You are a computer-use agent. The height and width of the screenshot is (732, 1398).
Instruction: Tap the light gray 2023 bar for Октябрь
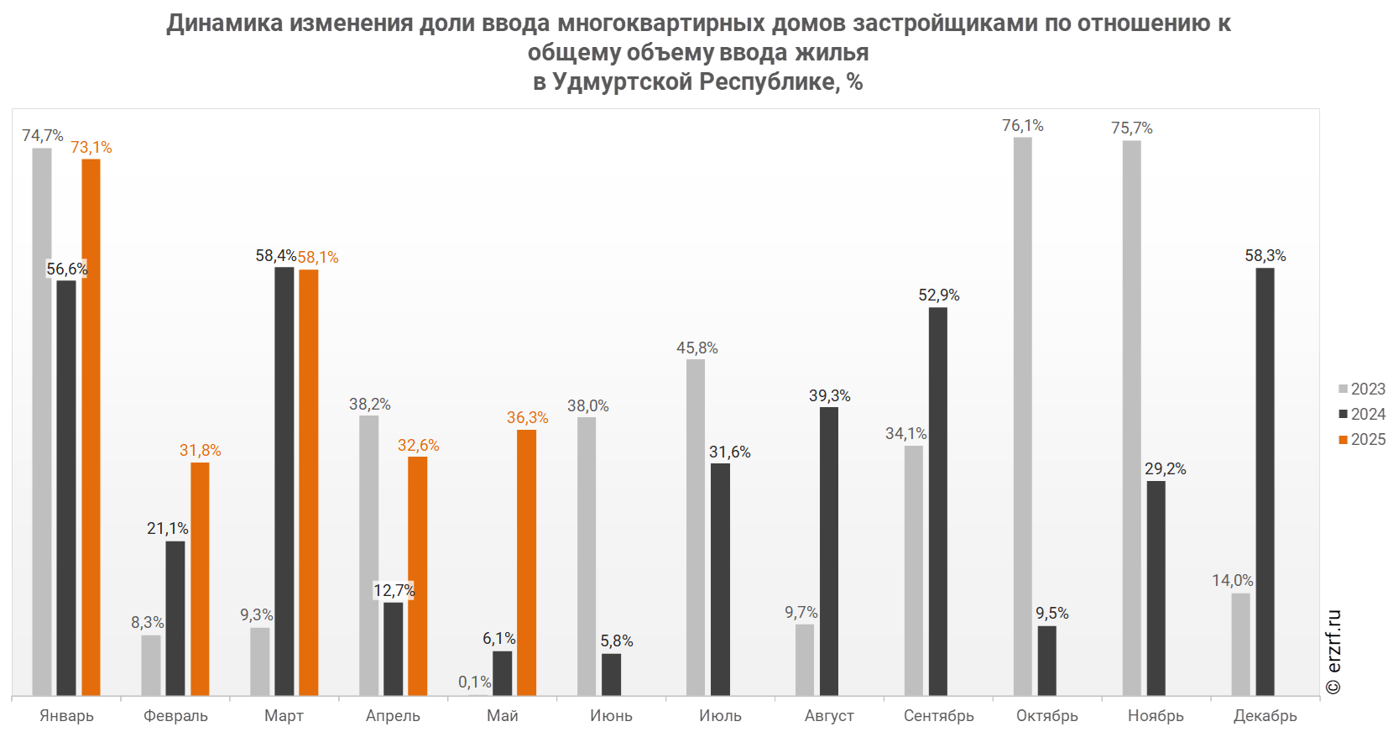click(1022, 416)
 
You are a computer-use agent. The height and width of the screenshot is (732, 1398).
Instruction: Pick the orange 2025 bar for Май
click(527, 562)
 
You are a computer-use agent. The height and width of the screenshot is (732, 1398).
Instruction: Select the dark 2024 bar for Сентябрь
click(938, 501)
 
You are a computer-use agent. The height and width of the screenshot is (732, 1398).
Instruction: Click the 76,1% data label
click(1023, 126)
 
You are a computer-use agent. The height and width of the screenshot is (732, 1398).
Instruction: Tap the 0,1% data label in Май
click(475, 682)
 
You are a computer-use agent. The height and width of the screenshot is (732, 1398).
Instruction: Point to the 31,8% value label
click(201, 451)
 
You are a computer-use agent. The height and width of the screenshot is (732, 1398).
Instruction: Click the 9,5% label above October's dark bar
click(1052, 614)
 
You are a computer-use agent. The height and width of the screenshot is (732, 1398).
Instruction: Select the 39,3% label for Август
click(830, 395)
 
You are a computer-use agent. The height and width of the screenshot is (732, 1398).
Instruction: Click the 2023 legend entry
click(1362, 389)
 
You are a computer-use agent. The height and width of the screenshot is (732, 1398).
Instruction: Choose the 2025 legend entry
click(1362, 439)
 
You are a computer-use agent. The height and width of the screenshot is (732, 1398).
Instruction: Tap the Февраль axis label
click(175, 715)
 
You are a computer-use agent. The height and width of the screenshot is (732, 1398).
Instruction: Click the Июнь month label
click(612, 715)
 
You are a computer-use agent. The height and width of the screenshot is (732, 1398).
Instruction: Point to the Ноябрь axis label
click(1156, 715)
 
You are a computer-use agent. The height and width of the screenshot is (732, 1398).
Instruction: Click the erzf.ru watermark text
click(1333, 651)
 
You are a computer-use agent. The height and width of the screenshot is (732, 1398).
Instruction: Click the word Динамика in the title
click(225, 23)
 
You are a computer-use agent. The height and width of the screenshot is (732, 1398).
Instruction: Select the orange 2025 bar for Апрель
click(418, 576)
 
